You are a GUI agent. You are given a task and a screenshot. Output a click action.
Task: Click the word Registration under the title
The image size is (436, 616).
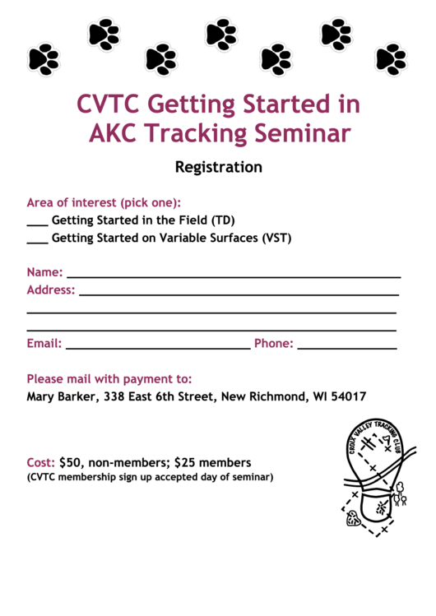pos(218,167)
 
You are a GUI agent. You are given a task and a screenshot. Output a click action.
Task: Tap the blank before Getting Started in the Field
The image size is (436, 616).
pos(37,223)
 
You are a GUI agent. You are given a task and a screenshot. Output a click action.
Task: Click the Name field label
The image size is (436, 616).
pos(44,272)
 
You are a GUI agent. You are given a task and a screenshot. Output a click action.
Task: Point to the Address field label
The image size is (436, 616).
pos(51,290)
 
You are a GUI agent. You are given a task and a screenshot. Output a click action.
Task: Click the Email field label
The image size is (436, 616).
pos(44,344)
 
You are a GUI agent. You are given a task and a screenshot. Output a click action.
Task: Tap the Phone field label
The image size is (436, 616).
pos(273,344)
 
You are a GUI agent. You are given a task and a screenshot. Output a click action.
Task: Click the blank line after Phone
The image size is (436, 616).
pos(346,347)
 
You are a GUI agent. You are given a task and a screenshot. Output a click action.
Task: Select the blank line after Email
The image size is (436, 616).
pos(157,347)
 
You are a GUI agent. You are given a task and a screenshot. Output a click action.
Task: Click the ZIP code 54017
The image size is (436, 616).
pos(349,396)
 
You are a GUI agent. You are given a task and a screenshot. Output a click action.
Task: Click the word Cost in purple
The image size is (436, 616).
pos(41,463)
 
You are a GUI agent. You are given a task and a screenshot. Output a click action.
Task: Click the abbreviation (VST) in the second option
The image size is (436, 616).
pos(276,239)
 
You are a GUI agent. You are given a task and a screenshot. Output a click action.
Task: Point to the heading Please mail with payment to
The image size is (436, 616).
pos(109,379)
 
